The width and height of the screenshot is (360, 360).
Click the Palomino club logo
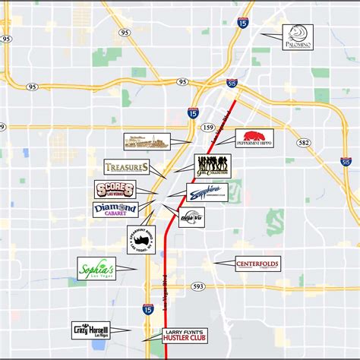coord(298,37)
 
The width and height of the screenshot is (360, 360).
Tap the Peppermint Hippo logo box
coord(254,138)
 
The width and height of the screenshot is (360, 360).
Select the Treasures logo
coord(126,167)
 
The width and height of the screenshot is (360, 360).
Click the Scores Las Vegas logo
coord(115,189)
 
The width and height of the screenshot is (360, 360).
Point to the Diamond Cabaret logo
coord(115,209)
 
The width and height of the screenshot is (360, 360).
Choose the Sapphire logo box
coord(207,192)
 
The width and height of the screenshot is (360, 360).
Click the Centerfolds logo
coord(257,264)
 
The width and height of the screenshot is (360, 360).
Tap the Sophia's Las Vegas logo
coord(96,268)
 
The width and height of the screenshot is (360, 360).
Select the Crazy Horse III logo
coord(91,330)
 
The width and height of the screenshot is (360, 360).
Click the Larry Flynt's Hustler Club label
coord(186,335)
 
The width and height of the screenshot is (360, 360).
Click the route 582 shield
coord(305,142)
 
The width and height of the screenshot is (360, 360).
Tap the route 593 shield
coord(198,286)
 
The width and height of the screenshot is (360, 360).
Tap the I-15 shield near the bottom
coord(147,309)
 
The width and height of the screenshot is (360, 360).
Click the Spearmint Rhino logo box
coord(141,239)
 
